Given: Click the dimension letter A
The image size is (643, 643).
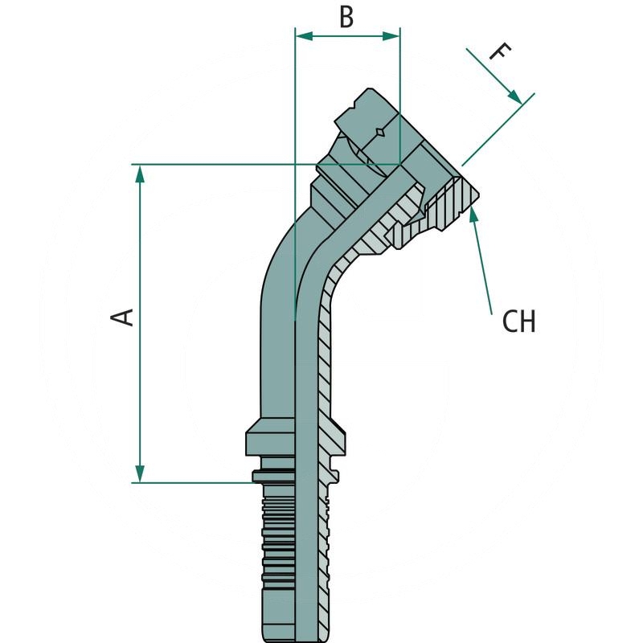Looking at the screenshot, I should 123,316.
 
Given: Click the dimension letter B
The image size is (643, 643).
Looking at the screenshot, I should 346,17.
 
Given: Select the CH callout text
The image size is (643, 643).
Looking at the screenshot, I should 518,321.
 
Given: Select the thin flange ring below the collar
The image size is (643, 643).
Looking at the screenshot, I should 294,477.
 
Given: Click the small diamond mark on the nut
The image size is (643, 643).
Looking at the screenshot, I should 377,130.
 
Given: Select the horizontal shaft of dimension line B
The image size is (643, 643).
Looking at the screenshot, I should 347,35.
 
